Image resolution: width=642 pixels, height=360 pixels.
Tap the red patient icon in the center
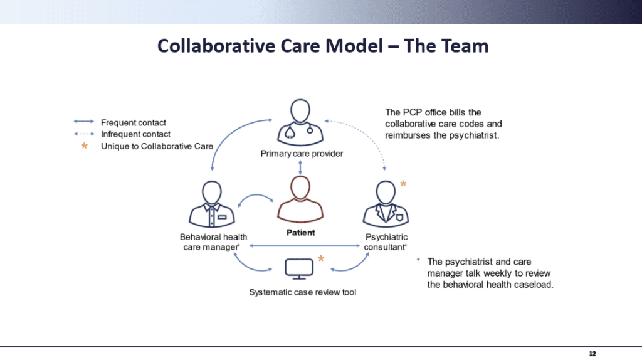pos(301,199)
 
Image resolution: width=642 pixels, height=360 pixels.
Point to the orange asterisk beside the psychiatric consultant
pos(403,184)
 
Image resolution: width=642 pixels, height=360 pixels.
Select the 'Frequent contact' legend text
pos(134,122)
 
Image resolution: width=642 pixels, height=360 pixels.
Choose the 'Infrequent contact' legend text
pos(135,134)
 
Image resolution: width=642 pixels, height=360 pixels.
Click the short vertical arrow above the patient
pos(301,166)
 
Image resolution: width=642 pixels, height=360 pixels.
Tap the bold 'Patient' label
pos(301,233)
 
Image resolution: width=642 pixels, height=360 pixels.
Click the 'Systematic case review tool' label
pos(302,292)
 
